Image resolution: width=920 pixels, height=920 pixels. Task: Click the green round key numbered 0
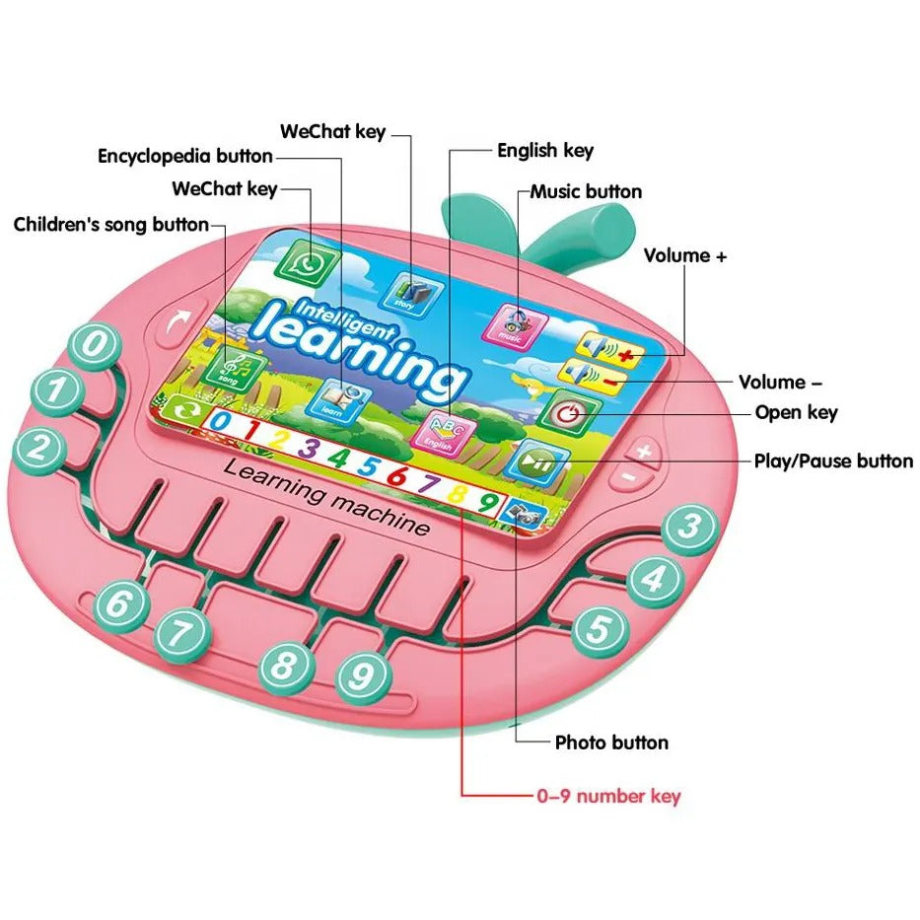[x=94, y=346]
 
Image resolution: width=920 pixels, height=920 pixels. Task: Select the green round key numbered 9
[x=363, y=676]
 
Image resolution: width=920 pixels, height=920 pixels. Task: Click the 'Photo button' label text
[x=611, y=743]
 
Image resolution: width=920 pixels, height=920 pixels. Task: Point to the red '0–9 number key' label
[x=608, y=796]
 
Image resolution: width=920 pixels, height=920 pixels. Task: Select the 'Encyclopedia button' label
[x=185, y=156]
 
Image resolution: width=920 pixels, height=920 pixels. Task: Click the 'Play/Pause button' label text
[x=834, y=460]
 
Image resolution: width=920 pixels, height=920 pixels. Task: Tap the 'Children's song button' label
[x=111, y=225]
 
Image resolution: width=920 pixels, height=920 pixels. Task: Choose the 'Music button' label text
[x=586, y=191]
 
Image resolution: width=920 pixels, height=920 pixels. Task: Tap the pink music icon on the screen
[x=513, y=321]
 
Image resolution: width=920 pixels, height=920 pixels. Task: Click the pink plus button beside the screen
[x=643, y=453]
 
